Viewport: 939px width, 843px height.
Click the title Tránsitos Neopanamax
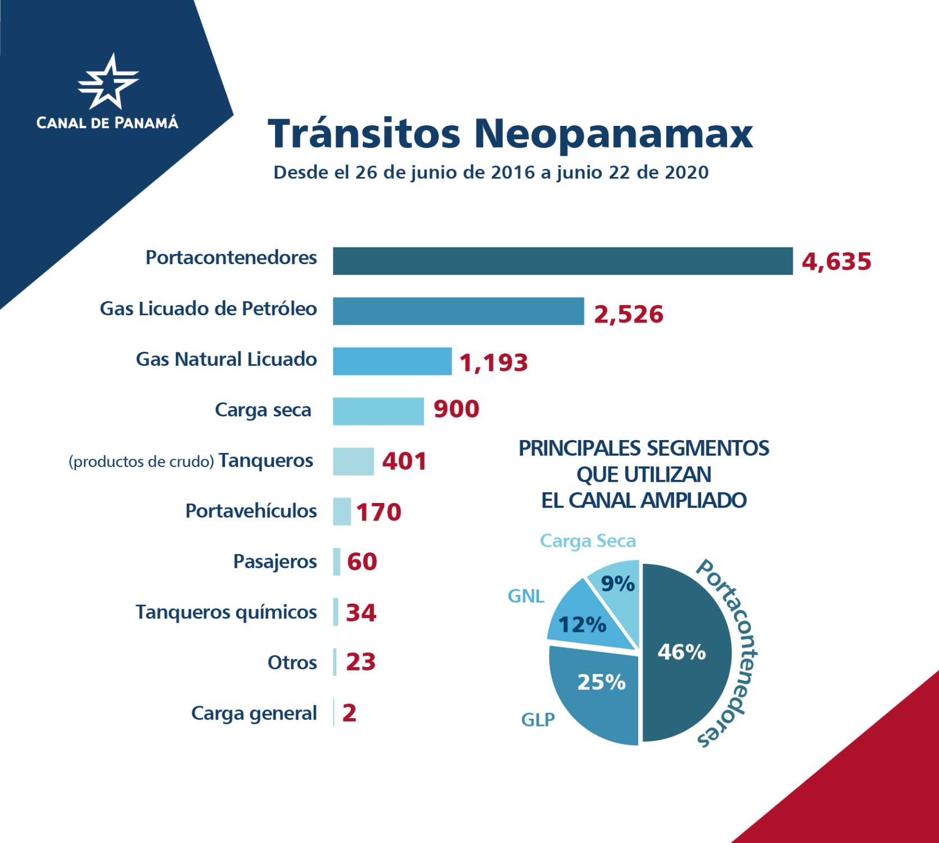510,134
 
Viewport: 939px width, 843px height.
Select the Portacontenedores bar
562,261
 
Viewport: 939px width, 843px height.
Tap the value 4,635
836,262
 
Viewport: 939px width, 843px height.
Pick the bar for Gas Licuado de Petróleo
458,311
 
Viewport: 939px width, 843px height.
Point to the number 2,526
629,314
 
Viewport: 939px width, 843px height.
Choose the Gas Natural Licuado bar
392,361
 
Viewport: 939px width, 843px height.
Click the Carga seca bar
378,411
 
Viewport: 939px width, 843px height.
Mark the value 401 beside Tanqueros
404,461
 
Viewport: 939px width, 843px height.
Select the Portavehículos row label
251,511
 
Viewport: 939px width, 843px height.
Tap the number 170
378,512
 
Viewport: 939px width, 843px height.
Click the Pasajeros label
275,561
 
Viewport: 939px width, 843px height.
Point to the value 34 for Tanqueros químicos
361,613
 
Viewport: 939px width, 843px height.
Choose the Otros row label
292,663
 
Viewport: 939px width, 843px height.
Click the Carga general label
254,713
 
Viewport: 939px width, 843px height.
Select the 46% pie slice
686,652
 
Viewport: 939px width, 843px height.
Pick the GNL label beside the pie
526,596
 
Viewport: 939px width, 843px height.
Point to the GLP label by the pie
538,720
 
